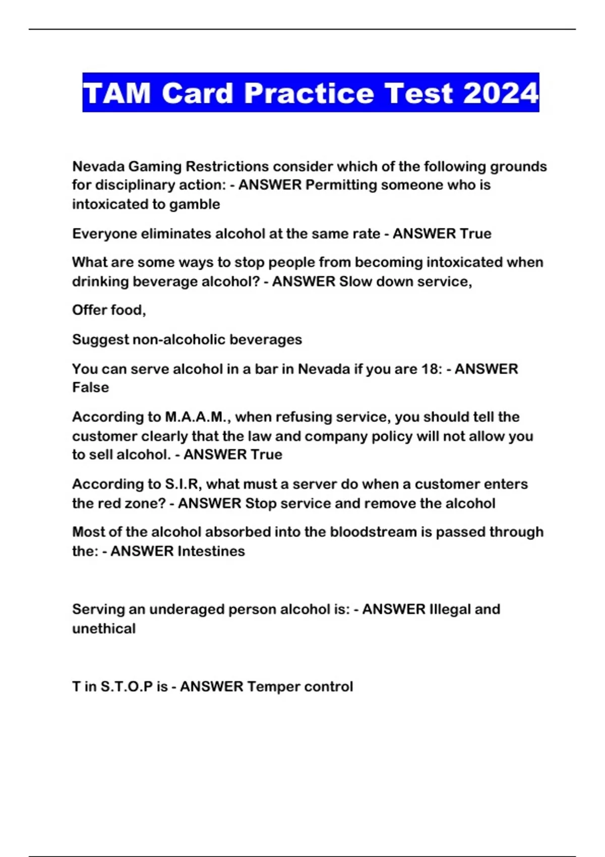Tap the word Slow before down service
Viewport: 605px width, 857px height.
357,281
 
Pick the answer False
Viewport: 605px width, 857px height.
91,388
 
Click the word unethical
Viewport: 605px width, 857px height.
104,629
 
